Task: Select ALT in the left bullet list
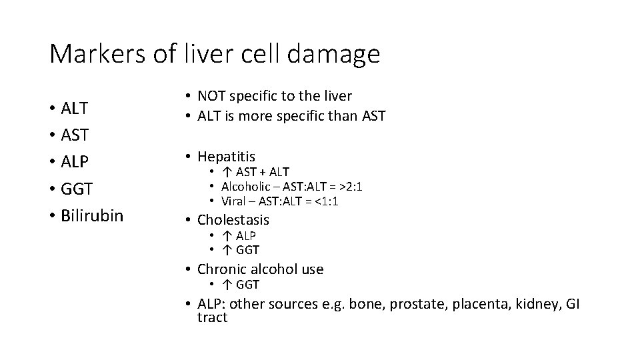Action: click(74, 108)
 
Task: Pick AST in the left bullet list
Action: click(74, 135)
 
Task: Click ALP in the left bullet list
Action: click(74, 162)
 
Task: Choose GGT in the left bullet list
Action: click(75, 189)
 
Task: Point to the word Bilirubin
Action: click(91, 216)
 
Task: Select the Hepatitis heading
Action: click(226, 157)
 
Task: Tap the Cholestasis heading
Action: click(233, 219)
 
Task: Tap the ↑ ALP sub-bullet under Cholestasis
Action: click(239, 236)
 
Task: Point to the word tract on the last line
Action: click(212, 317)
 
